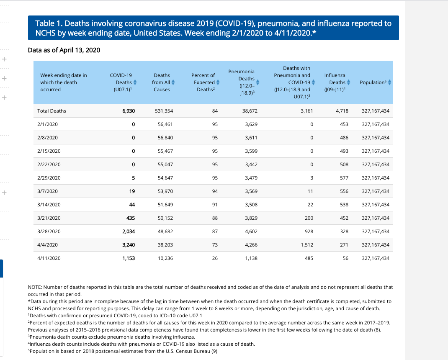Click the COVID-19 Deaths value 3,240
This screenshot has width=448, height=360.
(x=128, y=245)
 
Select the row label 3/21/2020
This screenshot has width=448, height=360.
(x=49, y=218)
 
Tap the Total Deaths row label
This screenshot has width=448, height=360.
(x=51, y=111)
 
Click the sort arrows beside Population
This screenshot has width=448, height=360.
(x=389, y=82)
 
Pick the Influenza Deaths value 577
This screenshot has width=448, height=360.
(x=344, y=178)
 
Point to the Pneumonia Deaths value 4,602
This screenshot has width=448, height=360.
(x=251, y=231)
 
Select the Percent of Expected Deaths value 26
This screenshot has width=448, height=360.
(x=215, y=258)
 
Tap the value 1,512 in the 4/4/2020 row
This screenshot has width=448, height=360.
(x=307, y=245)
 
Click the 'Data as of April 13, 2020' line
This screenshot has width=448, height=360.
(x=64, y=50)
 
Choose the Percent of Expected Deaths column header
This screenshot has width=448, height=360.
(x=203, y=82)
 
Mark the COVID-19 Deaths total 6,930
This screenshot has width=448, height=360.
(x=128, y=111)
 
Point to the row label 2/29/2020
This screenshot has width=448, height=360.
(x=49, y=178)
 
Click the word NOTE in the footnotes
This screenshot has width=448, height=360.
(x=35, y=287)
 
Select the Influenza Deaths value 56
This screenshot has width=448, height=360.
(x=345, y=258)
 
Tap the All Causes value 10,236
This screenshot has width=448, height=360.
(x=165, y=258)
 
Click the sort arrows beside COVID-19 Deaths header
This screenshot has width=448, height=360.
(x=135, y=82)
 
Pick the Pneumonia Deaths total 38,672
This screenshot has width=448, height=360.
(x=250, y=111)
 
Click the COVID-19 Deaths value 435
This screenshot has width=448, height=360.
(x=130, y=218)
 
